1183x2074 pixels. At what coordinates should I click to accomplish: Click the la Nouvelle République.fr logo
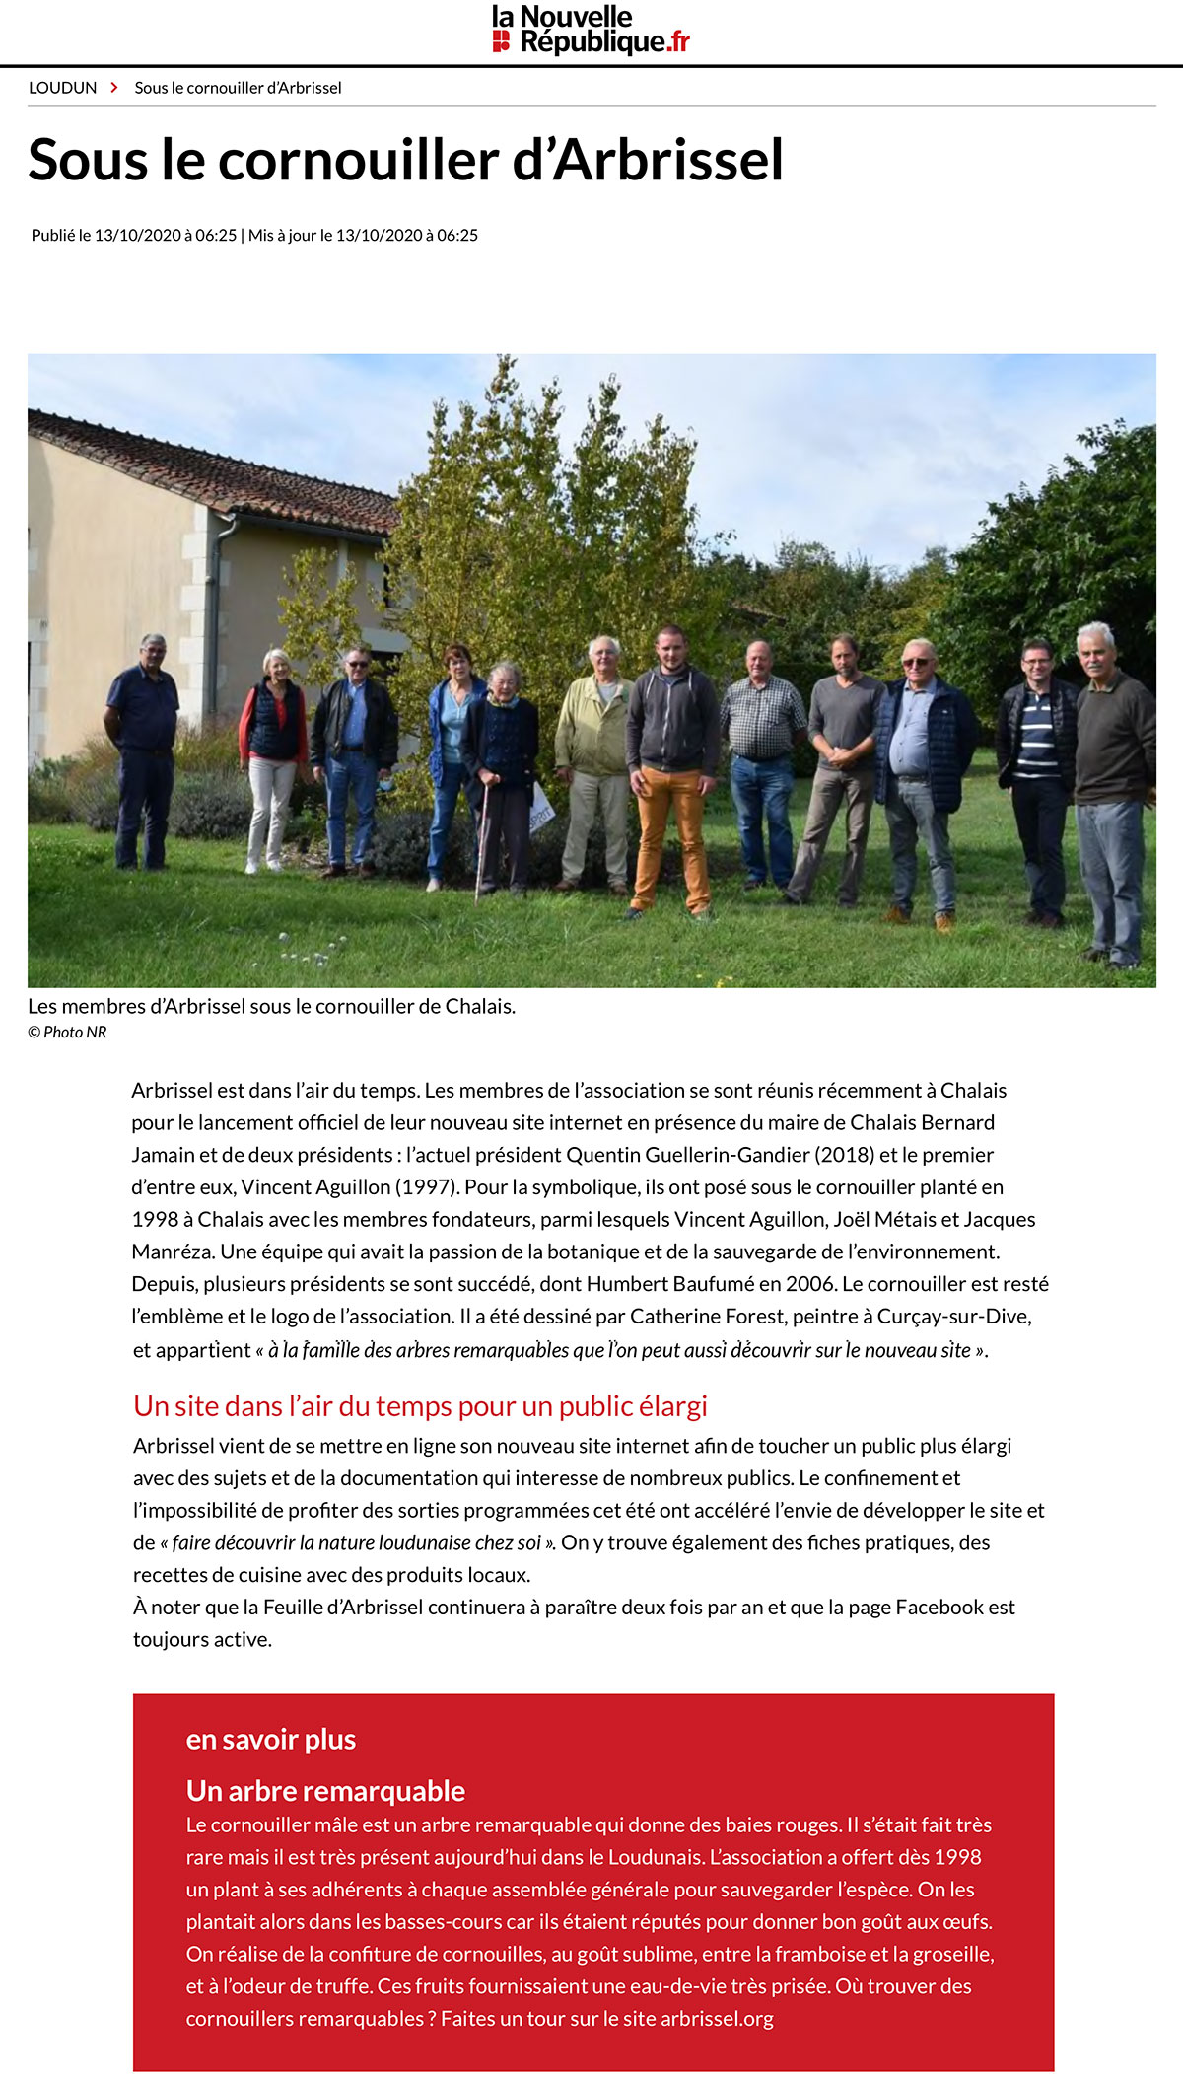tap(591, 31)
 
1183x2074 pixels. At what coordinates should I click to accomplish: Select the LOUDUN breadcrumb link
tap(63, 88)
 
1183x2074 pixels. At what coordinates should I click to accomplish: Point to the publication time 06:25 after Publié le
tap(216, 235)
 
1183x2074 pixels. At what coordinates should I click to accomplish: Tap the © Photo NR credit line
tap(67, 1032)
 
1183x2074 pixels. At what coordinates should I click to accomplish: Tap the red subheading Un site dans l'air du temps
tap(420, 1406)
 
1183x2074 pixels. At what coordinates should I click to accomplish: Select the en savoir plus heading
tap(271, 1739)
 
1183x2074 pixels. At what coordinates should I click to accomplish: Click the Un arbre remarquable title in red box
tap(325, 1790)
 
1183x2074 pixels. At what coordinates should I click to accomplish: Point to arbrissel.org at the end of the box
tap(717, 2018)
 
